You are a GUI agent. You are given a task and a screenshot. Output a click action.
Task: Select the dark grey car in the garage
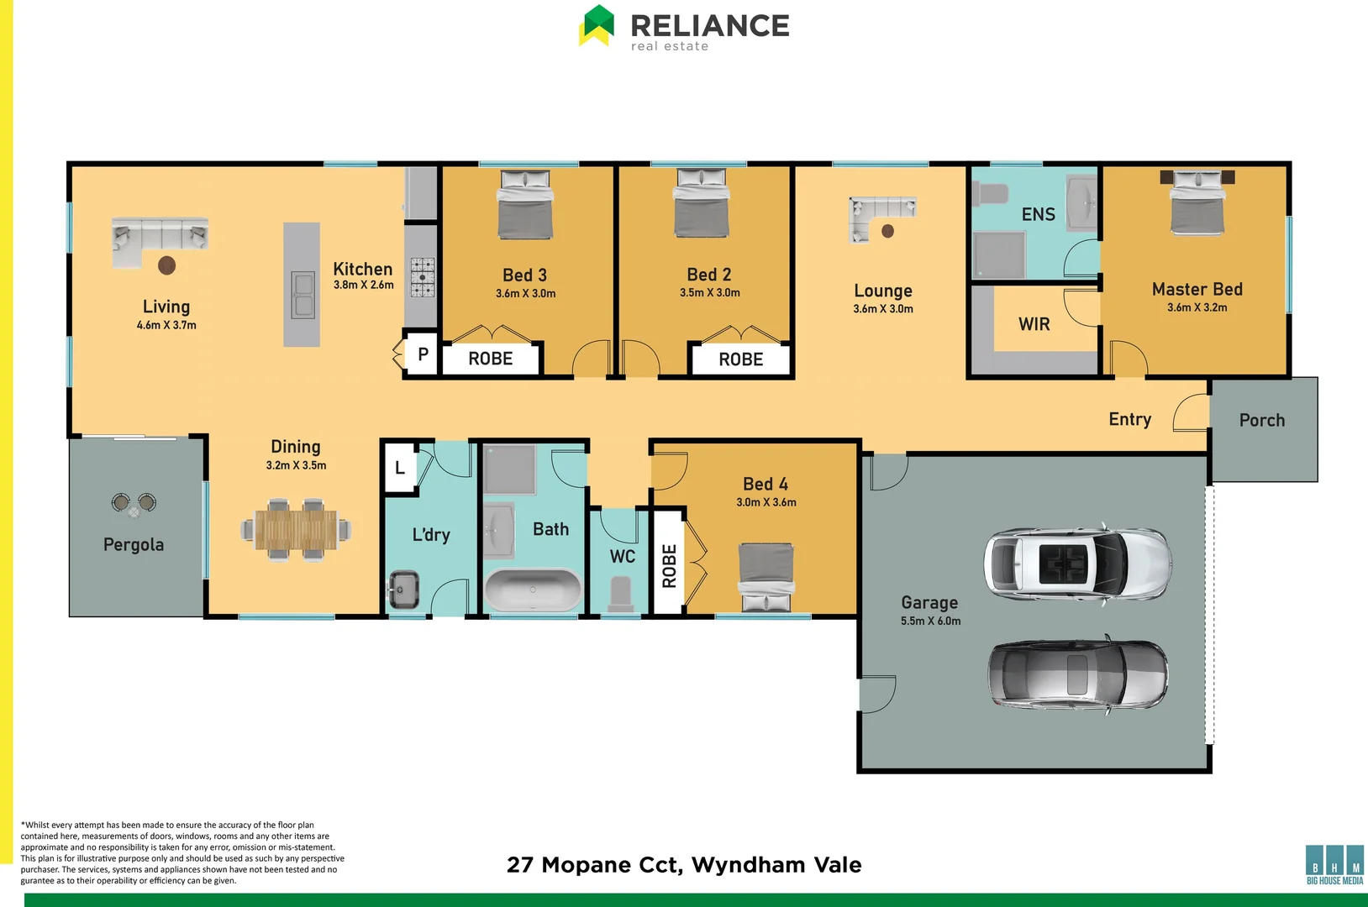[1077, 674]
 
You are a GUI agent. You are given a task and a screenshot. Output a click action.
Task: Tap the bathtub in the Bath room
[533, 590]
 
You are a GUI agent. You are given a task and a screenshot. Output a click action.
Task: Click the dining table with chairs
[296, 530]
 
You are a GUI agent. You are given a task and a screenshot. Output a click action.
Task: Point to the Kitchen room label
[363, 270]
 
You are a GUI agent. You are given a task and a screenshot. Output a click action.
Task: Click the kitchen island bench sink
[303, 295]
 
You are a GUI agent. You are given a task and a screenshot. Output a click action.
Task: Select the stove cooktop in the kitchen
[423, 278]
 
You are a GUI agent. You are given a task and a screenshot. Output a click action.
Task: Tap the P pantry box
[423, 354]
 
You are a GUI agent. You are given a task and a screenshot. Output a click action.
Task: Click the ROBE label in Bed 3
[491, 359]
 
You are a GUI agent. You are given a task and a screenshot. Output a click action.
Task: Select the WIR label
[1034, 324]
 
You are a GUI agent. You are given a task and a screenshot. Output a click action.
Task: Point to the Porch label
[1262, 421]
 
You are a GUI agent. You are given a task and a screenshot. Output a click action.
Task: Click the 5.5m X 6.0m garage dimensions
[931, 621]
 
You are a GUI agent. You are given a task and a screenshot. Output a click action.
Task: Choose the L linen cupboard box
[400, 468]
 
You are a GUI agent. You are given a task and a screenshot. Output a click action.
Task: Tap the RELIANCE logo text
[710, 26]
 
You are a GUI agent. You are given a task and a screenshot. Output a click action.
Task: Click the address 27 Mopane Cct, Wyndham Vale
[684, 865]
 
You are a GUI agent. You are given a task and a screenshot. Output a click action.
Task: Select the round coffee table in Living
[167, 265]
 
